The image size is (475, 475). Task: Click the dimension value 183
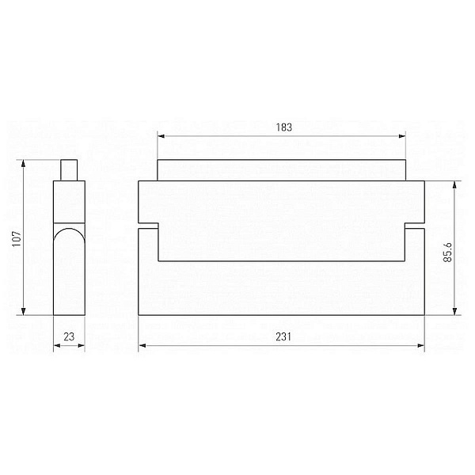pyautogui.click(x=284, y=127)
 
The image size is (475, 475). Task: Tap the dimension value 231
pyautogui.click(x=283, y=336)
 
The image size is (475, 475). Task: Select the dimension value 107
pyautogui.click(x=17, y=239)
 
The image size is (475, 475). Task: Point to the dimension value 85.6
pyautogui.click(x=447, y=252)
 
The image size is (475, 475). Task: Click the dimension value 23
pyautogui.click(x=69, y=336)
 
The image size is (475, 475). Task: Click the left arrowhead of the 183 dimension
pyautogui.click(x=161, y=136)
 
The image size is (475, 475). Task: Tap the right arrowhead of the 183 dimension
pyautogui.click(x=402, y=136)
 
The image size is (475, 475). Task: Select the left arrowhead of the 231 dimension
pyautogui.click(x=142, y=345)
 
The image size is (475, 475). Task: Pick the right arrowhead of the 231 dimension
pyautogui.click(x=421, y=345)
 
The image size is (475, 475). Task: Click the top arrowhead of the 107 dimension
pyautogui.click(x=23, y=163)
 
